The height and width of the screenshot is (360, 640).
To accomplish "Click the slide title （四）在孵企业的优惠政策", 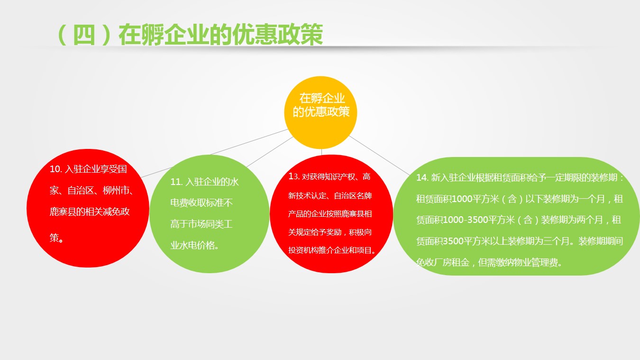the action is [190, 35].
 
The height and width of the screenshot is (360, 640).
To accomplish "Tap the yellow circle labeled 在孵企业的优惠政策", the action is [320, 112].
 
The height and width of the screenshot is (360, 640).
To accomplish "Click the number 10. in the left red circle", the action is [56, 169].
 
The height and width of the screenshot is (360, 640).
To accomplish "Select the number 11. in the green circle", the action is [176, 182].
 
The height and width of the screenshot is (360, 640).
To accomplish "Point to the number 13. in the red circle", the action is [294, 176].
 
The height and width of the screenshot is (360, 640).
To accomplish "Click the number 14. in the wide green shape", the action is [422, 177].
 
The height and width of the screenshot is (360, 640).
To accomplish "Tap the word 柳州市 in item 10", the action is [116, 191].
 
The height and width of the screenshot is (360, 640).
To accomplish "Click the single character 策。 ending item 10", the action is [56, 238].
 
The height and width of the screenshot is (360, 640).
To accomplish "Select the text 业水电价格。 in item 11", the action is [194, 245].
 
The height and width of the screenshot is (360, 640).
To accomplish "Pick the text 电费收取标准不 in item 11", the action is [201, 203].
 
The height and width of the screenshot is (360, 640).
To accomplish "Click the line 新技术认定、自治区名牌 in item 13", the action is [330, 196].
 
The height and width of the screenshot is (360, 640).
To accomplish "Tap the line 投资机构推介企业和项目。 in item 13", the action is [332, 250].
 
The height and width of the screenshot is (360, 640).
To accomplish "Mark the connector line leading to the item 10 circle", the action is [215, 153].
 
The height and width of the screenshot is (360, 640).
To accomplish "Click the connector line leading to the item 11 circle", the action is [270, 152].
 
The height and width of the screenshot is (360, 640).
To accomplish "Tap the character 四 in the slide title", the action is [84, 35].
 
